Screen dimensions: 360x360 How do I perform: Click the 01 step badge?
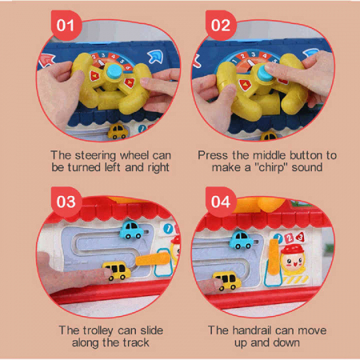66,26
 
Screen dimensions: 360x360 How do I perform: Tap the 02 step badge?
221,26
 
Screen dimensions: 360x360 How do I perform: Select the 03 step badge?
66,202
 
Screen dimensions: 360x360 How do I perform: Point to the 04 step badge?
221,202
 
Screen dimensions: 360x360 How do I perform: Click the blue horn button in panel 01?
114,71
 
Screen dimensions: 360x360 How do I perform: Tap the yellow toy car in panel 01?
118,131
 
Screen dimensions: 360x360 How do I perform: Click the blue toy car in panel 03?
131,230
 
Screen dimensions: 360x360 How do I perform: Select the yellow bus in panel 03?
117,270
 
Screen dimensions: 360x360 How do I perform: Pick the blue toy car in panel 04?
242,239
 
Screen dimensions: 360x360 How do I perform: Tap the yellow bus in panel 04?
227,281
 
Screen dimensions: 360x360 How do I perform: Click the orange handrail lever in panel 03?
153,259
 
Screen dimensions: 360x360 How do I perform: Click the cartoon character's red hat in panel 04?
293,250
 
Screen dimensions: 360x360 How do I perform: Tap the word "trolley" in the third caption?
98,330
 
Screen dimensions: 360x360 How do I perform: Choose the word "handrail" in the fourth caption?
252,330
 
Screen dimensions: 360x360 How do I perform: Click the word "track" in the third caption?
136,342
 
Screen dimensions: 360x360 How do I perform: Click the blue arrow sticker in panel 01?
156,57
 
